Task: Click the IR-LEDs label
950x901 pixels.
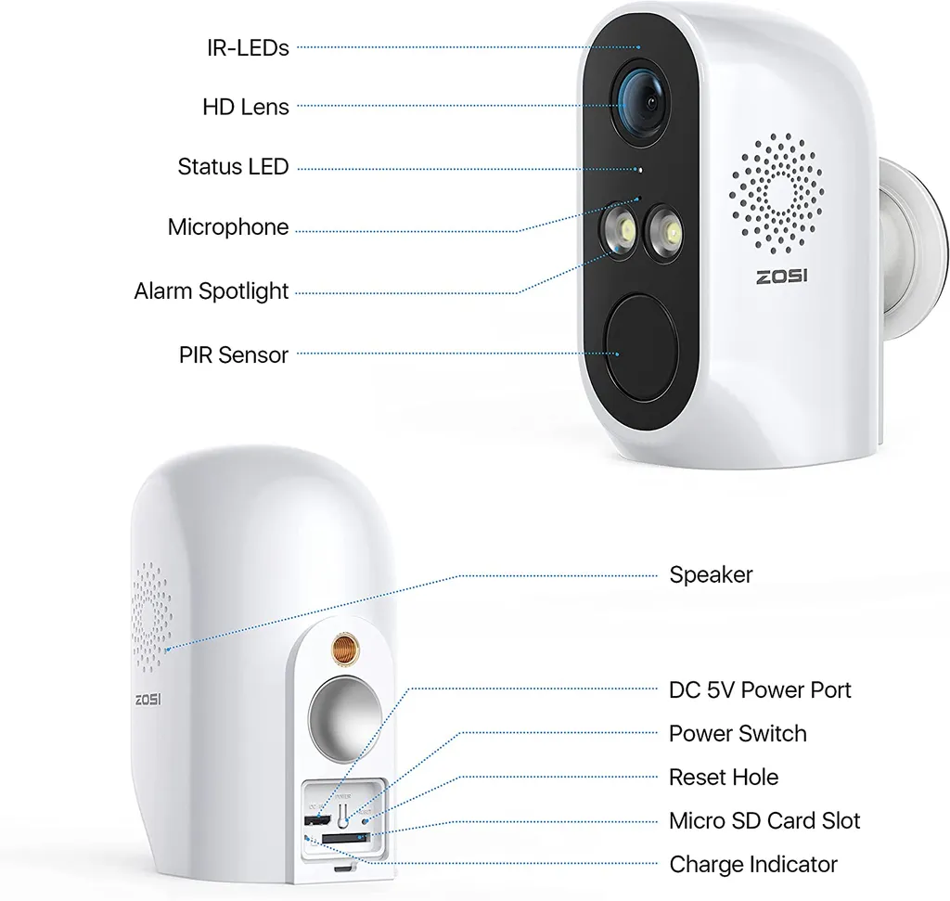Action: pos(247,47)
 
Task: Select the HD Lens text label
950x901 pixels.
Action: pos(245,107)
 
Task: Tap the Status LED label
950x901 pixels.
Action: pos(233,167)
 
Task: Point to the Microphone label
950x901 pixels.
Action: pos(227,227)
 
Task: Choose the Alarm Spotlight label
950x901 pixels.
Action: pos(212,291)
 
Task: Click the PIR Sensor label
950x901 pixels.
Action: pos(233,354)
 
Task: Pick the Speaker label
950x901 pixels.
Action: pos(711,575)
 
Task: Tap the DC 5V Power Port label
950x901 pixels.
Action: pos(760,689)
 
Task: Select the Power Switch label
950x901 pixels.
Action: pos(738,733)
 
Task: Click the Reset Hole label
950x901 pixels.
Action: pos(724,777)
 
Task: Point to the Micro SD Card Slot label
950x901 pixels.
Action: pos(764,820)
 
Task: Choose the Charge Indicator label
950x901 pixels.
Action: pos(753,865)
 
